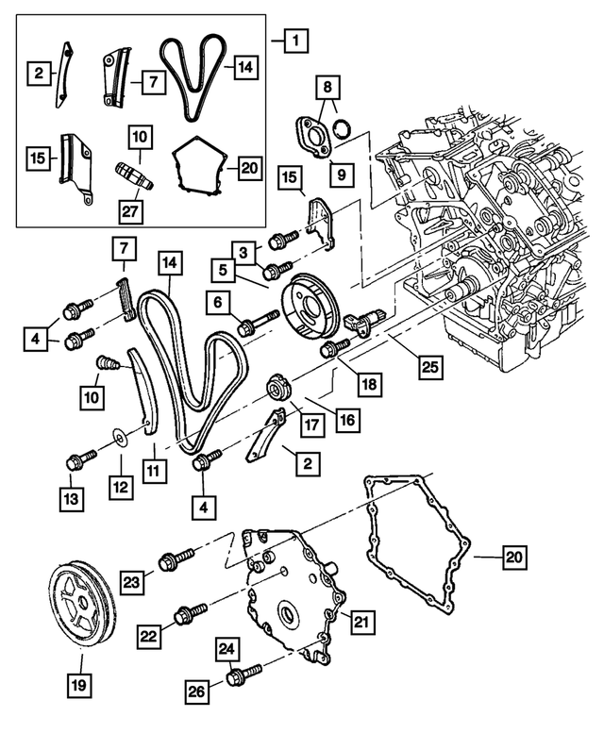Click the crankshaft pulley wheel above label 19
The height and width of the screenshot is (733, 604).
pos(80,601)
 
